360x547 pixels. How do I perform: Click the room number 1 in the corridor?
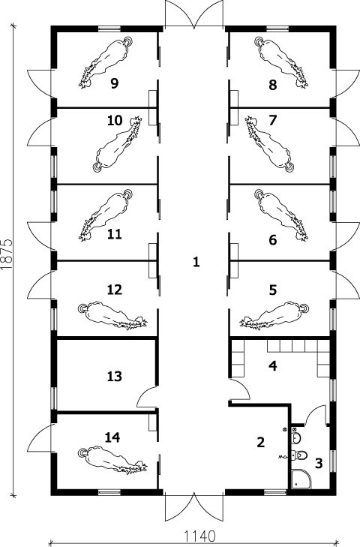[196, 262]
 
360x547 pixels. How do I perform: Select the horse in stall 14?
[112, 460]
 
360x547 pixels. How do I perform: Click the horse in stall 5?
[274, 316]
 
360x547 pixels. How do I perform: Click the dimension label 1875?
[7, 254]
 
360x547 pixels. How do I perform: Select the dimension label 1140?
[199, 536]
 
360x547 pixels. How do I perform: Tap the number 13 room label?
[115, 377]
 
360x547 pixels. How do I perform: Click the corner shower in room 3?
[301, 479]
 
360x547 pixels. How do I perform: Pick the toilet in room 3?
[300, 455]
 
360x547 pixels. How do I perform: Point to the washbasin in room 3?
[296, 437]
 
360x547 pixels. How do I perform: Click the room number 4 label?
[273, 366]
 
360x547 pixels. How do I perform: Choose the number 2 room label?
[260, 443]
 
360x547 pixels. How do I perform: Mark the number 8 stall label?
[273, 85]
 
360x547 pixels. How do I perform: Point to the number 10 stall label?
[115, 120]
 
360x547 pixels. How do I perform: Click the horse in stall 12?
[112, 316]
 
